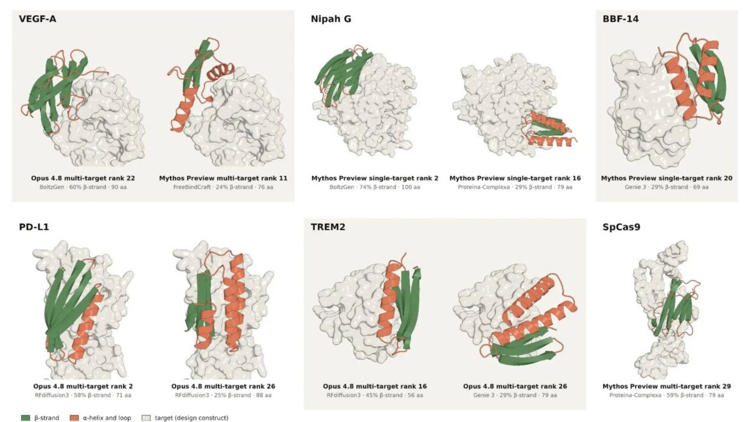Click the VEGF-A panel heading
click(x=37, y=19)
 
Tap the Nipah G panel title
click(x=331, y=19)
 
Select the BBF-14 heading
click(x=621, y=19)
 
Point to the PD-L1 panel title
click(x=34, y=227)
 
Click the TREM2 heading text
click(x=328, y=227)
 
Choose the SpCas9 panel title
click(x=621, y=227)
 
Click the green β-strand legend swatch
click(x=26, y=418)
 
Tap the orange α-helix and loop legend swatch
click(x=74, y=418)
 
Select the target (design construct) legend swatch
click(x=146, y=418)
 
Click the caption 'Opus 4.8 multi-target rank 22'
click(x=83, y=178)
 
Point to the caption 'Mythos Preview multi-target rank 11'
click(x=223, y=178)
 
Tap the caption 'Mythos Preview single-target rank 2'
click(x=374, y=178)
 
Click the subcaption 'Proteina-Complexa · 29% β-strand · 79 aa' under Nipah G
click(x=515, y=187)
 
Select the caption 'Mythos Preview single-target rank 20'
click(x=666, y=178)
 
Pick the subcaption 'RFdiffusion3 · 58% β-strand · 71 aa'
click(x=83, y=395)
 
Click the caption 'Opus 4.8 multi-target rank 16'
click(x=374, y=386)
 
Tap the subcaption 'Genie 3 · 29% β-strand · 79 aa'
click(x=515, y=395)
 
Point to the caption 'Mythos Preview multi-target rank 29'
click(x=666, y=386)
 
